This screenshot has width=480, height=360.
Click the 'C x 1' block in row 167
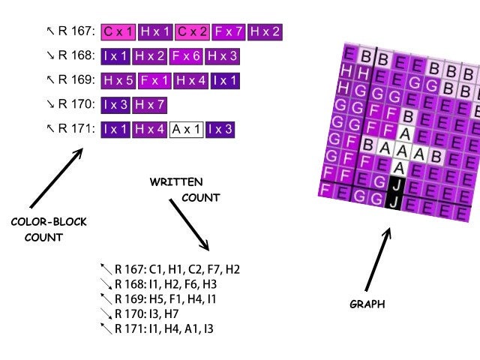[118, 31]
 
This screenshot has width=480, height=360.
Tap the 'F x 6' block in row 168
[186, 55]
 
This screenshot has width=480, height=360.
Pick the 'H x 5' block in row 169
[118, 79]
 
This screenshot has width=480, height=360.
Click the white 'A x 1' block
[186, 129]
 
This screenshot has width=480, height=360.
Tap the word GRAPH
[367, 304]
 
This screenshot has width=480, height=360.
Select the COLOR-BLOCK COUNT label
[49, 229]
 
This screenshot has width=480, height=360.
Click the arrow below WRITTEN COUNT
[189, 224]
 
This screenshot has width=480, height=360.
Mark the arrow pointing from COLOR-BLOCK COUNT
[56, 178]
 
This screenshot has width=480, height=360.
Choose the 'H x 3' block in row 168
[223, 55]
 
